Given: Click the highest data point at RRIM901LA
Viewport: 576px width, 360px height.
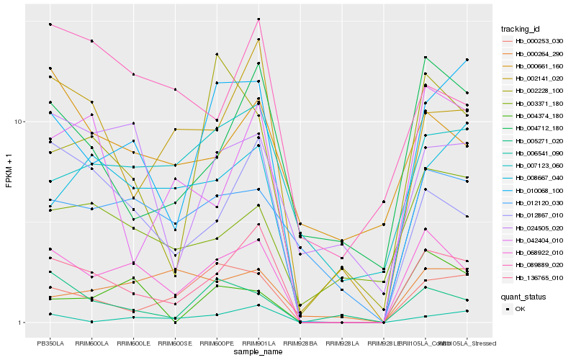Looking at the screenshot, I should pos(258,19).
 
